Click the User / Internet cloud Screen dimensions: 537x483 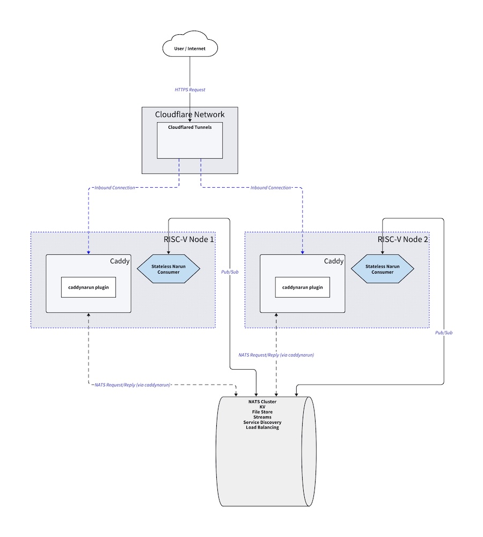(x=189, y=49)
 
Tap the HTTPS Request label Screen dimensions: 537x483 (x=190, y=90)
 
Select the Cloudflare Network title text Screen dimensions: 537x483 (x=189, y=114)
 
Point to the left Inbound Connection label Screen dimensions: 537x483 (x=114, y=188)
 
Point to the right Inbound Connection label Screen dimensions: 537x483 (x=270, y=188)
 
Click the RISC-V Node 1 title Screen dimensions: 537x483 (x=188, y=239)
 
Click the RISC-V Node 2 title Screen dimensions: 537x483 (x=402, y=239)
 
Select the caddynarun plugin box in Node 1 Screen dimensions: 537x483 (x=89, y=287)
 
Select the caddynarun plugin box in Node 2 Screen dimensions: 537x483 (x=303, y=287)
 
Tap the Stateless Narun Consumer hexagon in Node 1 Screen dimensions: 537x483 (x=169, y=269)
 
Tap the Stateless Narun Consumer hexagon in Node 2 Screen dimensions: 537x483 (x=383, y=269)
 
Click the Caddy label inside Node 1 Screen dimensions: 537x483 (x=120, y=261)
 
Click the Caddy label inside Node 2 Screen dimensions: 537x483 (x=334, y=261)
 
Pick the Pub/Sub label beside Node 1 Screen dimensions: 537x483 (x=229, y=272)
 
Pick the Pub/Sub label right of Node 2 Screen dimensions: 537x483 (x=444, y=333)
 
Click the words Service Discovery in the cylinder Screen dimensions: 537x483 (x=262, y=422)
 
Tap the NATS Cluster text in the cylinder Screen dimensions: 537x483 (x=262, y=402)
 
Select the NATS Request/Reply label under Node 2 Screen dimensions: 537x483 (x=276, y=355)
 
